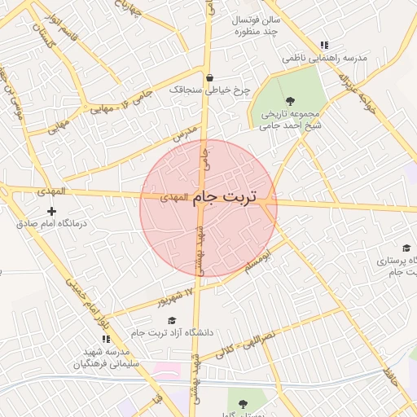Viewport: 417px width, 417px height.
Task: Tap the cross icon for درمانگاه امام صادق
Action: [52, 211]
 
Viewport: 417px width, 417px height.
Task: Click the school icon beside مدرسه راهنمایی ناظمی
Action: [324, 46]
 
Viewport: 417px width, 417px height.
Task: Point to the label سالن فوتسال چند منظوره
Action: [257, 25]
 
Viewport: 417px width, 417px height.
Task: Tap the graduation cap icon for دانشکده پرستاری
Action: [406, 248]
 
